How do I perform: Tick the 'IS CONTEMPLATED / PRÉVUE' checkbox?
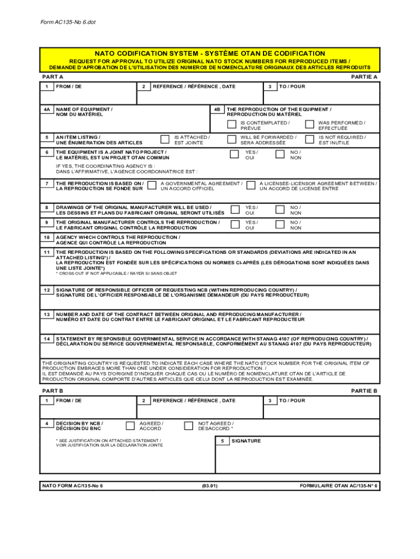[231, 125]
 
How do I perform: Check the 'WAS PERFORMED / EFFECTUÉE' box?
[309, 125]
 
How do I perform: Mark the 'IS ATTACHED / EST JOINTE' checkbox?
[165, 139]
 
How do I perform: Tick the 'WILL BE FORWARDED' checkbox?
[231, 139]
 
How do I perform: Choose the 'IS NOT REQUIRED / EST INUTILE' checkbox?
[309, 139]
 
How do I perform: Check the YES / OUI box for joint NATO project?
[235, 154]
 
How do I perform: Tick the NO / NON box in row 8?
[280, 210]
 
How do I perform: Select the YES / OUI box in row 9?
[235, 224]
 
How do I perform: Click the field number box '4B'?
[217, 110]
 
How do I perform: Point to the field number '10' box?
[47, 237]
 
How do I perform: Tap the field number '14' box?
[47, 338]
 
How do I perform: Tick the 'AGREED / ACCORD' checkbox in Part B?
[130, 425]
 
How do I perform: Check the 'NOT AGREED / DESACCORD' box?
[188, 425]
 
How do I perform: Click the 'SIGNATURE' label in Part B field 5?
[246, 441]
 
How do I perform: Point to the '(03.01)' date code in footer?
[209, 485]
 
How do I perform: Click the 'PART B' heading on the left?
[53, 391]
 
